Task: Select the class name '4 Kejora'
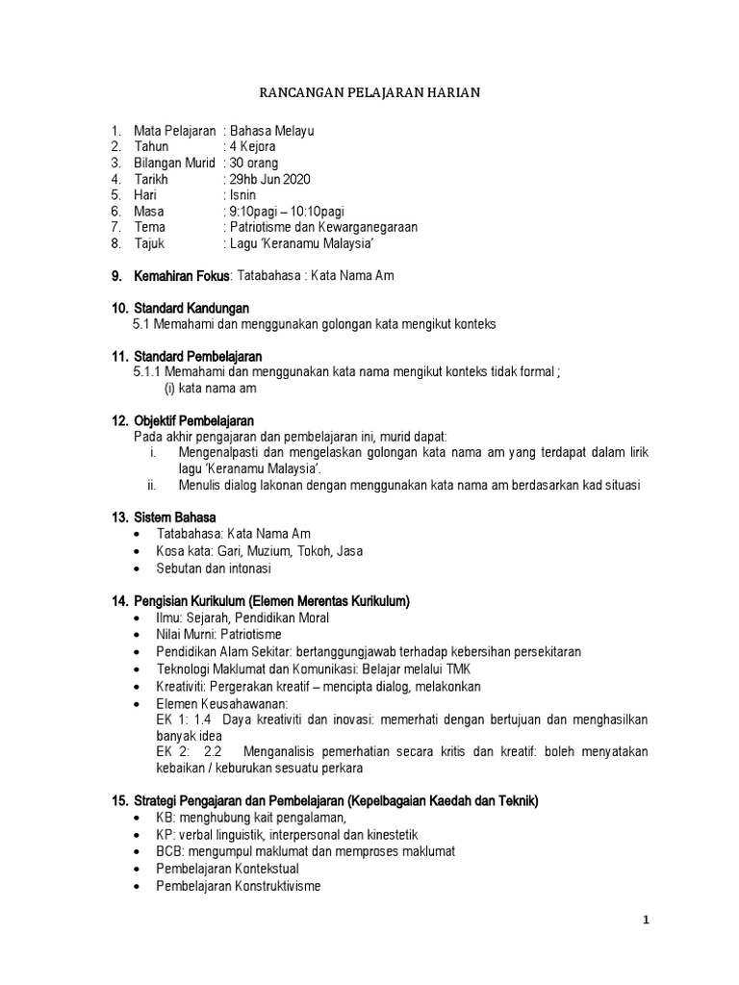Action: point(253,146)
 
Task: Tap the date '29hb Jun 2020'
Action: point(270,179)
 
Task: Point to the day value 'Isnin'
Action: point(243,195)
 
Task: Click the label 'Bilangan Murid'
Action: point(175,163)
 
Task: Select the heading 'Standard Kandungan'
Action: point(191,308)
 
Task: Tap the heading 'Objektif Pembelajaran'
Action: point(193,420)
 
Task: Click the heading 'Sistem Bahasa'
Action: point(175,518)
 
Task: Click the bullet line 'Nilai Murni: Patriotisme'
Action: point(218,635)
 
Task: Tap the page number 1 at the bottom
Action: point(647,920)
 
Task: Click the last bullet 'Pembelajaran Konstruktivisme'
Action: point(239,886)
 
